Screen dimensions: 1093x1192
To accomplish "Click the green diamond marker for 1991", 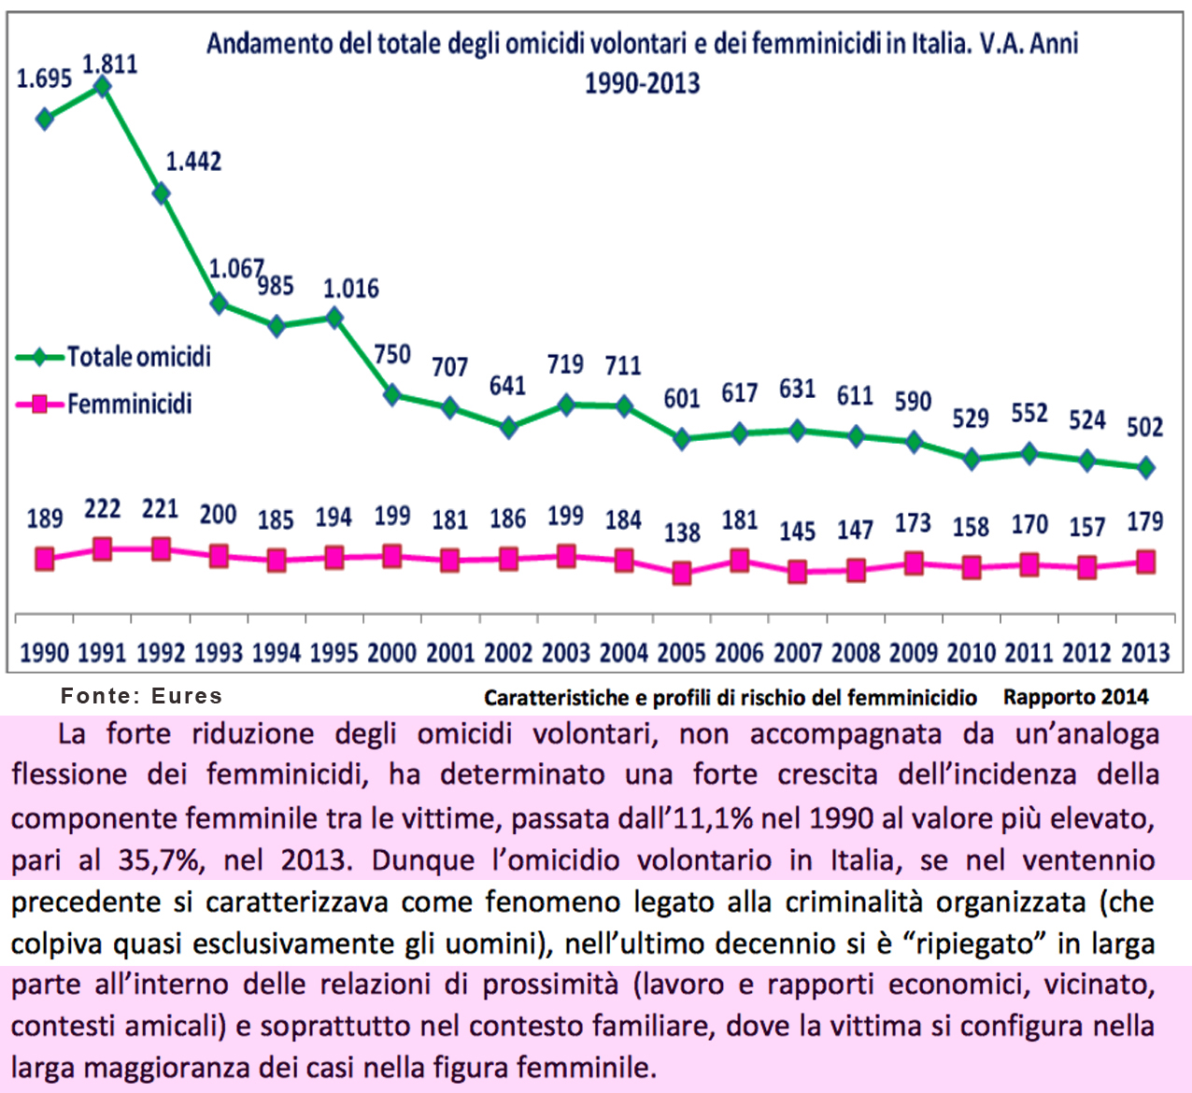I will (103, 87).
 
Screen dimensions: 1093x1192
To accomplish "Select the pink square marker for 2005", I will (682, 573).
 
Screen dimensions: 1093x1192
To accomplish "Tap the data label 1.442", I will (193, 162).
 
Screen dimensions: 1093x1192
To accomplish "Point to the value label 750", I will (392, 355).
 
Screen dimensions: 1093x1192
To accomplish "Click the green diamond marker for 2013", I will (1146, 467).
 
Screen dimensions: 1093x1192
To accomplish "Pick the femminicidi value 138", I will (682, 532).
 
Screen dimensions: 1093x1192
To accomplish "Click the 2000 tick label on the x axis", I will (392, 652).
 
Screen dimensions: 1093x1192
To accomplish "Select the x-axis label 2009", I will (914, 652).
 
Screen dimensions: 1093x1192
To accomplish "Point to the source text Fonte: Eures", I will (142, 696).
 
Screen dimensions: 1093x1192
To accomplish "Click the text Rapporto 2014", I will (1075, 697).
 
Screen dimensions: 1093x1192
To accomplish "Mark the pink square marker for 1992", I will (161, 548).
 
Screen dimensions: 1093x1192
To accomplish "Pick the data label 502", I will (1144, 428).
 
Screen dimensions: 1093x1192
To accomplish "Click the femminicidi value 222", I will (103, 509).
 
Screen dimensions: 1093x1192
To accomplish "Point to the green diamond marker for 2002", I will (508, 427).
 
